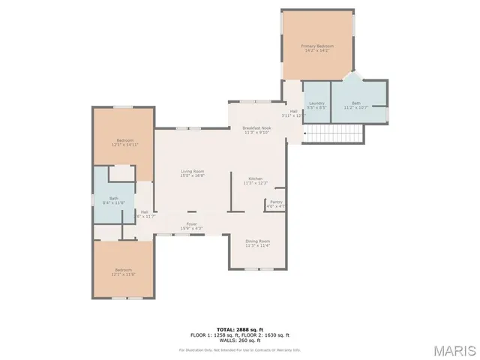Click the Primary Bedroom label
click(x=317, y=48)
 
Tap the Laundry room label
click(x=316, y=105)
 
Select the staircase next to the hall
click(x=335, y=133)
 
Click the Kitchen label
click(x=255, y=180)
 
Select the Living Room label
click(x=193, y=173)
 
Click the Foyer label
click(x=193, y=225)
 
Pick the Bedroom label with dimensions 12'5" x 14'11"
click(x=124, y=142)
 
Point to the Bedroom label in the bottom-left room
click(x=123, y=271)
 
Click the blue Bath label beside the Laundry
click(x=356, y=105)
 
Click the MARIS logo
click(x=453, y=350)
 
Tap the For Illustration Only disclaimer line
click(x=239, y=349)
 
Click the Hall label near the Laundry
click(x=293, y=114)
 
